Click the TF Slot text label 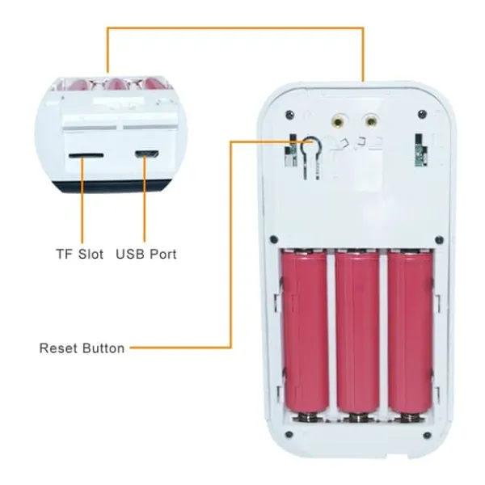[x=80, y=254]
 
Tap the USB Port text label [x=146, y=254]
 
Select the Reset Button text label [x=82, y=348]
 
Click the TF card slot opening [x=86, y=155]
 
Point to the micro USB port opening [x=146, y=154]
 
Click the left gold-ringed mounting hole [x=339, y=120]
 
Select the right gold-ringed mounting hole [x=371, y=120]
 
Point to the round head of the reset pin [x=310, y=144]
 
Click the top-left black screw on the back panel [x=290, y=114]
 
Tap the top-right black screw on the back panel [x=422, y=114]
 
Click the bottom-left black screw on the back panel [x=289, y=435]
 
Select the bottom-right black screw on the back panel [x=427, y=436]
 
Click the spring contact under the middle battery [x=358, y=418]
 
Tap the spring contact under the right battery [x=410, y=418]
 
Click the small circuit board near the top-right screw [x=420, y=150]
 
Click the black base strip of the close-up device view [x=112, y=186]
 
